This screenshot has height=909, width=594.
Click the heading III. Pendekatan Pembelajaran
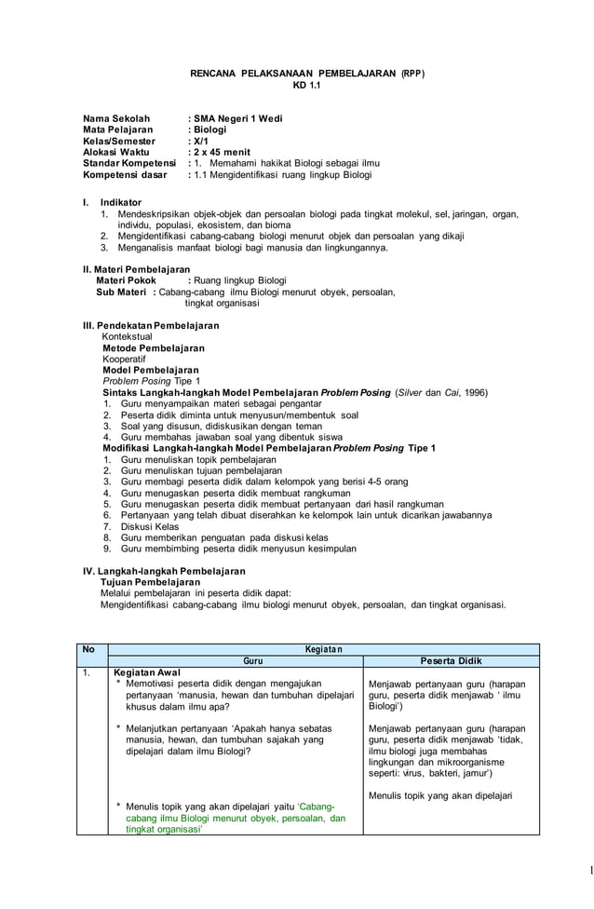151,326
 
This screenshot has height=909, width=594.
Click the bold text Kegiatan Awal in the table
146,672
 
